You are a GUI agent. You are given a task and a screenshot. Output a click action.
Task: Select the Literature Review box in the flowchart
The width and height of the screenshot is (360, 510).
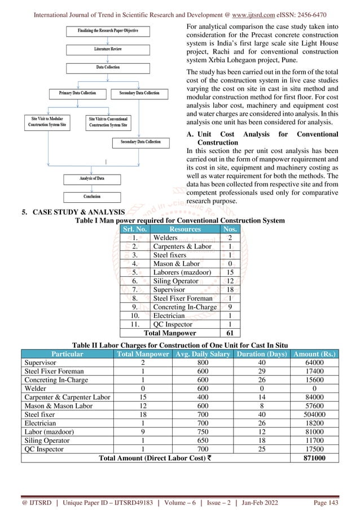tap(107, 49)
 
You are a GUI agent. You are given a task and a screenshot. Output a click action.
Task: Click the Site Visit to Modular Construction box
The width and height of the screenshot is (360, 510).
tap(49, 123)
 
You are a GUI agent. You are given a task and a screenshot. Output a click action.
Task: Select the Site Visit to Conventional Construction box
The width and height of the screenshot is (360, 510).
tap(108, 123)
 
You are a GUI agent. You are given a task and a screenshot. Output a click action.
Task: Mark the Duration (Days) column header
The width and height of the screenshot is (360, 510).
tap(259, 354)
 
